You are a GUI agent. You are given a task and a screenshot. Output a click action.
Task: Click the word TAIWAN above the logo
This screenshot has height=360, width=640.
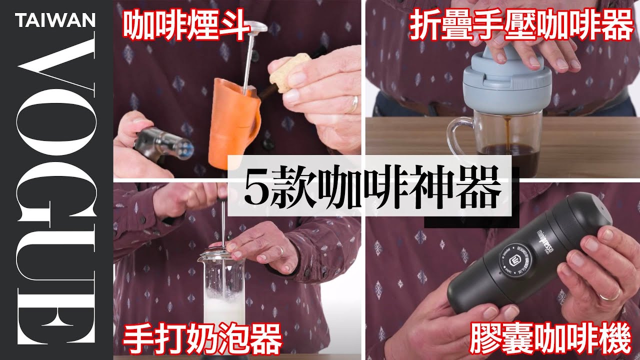[55, 20]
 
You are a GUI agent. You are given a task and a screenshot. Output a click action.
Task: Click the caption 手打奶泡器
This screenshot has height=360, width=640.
[202, 339]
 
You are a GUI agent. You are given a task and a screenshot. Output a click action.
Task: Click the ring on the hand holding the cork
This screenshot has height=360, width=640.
[354, 104]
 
